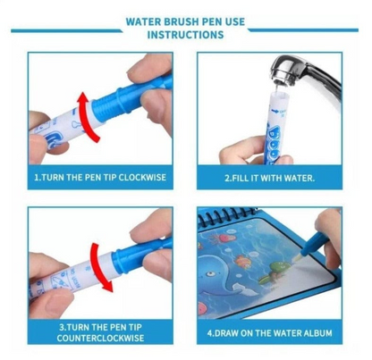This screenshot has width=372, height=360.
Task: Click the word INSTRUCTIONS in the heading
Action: [185, 36]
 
